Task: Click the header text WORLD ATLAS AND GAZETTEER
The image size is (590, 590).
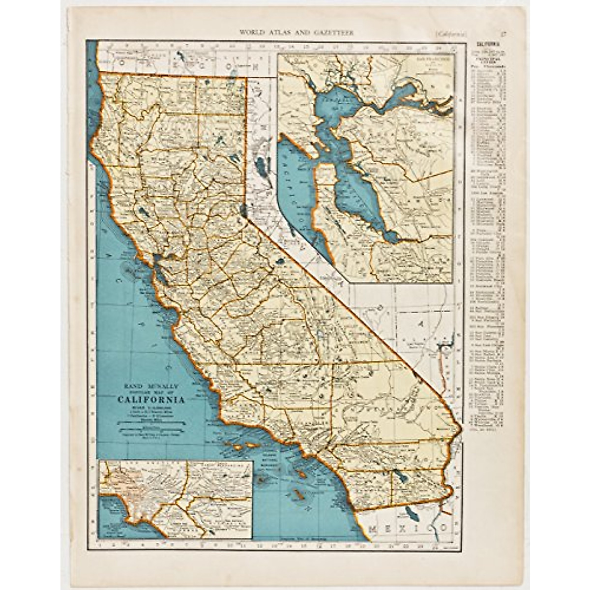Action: pyautogui.click(x=296, y=33)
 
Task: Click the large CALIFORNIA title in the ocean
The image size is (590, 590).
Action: pyautogui.click(x=151, y=400)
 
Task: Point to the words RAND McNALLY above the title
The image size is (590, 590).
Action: pyautogui.click(x=150, y=386)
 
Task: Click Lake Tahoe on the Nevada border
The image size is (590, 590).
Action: pyautogui.click(x=244, y=211)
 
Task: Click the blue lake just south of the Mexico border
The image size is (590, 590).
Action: pyautogui.click(x=412, y=513)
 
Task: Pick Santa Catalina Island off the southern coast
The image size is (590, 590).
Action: pyautogui.click(x=301, y=473)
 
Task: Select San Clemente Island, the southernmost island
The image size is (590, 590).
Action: pyautogui.click(x=296, y=494)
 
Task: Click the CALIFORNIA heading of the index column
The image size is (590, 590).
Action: pyautogui.click(x=486, y=43)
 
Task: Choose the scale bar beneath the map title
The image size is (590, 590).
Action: pyautogui.click(x=150, y=421)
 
